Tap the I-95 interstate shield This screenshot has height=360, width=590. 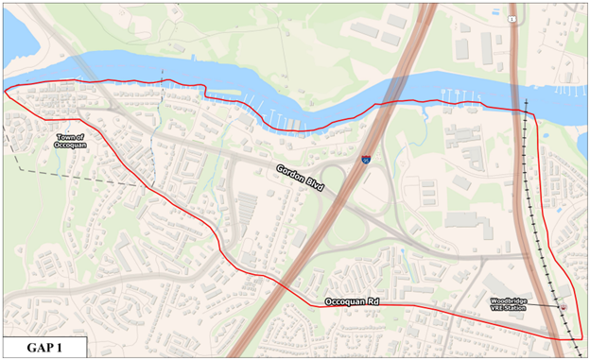pyautogui.click(x=366, y=162)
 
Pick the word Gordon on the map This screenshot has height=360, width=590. pyautogui.click(x=290, y=174)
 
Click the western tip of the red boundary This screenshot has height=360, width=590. pyautogui.click(x=7, y=91)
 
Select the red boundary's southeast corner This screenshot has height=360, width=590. pyautogui.click(x=575, y=339)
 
